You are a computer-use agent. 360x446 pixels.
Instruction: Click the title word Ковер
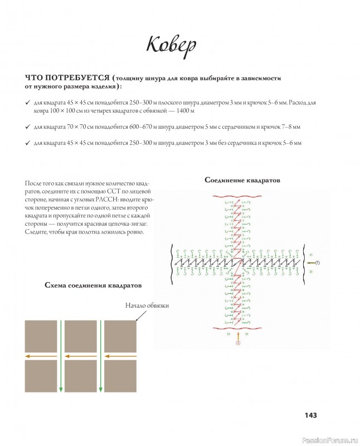[x=172, y=45]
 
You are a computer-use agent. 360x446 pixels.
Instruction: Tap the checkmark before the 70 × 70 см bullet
[x=28, y=127]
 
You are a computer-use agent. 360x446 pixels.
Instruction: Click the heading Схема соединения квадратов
[x=93, y=285]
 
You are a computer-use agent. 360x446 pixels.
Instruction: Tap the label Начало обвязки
[x=147, y=306]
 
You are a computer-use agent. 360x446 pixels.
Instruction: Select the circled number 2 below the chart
[x=238, y=344]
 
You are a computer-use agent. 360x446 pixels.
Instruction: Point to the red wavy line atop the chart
[x=239, y=196]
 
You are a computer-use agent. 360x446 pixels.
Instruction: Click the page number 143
[x=310, y=415]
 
